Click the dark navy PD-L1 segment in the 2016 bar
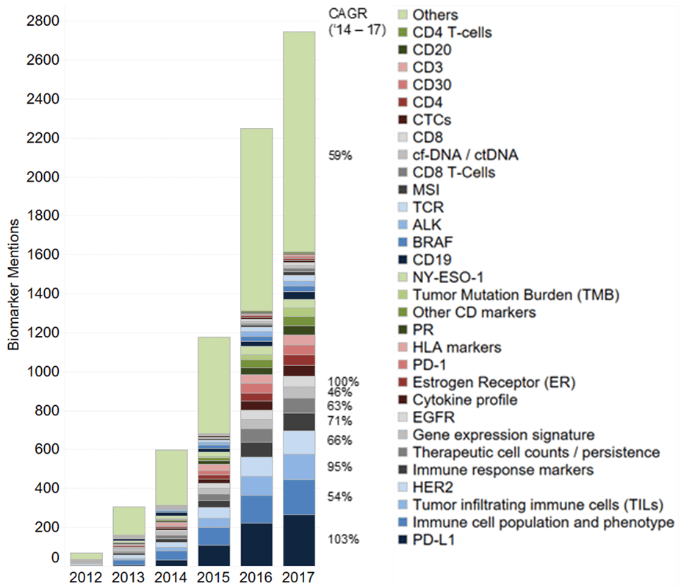point(256,544)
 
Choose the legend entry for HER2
point(428,487)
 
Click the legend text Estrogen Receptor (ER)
point(494,382)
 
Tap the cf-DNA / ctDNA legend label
point(465,155)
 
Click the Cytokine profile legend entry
point(464,400)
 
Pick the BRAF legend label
point(433,243)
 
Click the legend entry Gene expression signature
point(503,435)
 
